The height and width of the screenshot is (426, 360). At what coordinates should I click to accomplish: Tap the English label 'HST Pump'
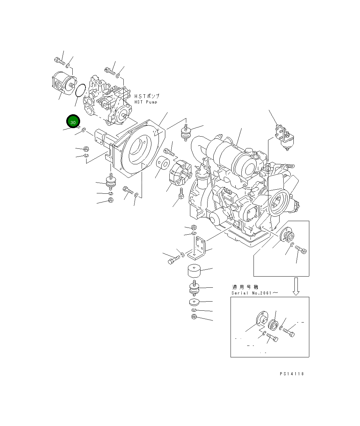146,102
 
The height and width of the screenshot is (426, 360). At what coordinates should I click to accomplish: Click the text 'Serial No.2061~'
255,293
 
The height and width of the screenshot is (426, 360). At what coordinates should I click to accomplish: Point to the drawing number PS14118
292,374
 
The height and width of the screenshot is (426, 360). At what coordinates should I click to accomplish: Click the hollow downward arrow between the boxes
296,286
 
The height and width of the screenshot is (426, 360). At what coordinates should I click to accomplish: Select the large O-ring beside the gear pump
80,91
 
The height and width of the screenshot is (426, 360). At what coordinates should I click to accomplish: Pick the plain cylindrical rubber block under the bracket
194,270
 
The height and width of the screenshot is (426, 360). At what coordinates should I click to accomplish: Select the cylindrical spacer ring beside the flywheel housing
163,164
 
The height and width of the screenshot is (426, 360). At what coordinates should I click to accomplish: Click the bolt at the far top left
59,61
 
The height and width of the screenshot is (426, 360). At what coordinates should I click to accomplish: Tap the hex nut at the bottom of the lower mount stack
194,317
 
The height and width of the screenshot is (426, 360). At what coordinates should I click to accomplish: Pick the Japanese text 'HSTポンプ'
147,96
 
